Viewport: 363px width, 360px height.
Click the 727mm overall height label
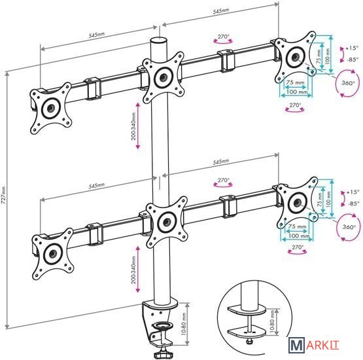click(x=3, y=195)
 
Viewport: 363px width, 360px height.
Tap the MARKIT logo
click(x=314, y=345)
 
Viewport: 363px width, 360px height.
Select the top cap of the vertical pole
click(x=159, y=41)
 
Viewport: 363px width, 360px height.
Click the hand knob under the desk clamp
click(x=164, y=353)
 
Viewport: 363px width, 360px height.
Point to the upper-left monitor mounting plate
click(x=51, y=108)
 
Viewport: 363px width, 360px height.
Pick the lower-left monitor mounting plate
click(x=53, y=254)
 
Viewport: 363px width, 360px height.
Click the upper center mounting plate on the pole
click(x=164, y=77)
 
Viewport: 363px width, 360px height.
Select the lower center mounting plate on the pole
click(x=166, y=222)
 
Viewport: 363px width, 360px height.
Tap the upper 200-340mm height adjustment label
click(x=133, y=126)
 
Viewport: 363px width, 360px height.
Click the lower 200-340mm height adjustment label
click(x=133, y=270)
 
